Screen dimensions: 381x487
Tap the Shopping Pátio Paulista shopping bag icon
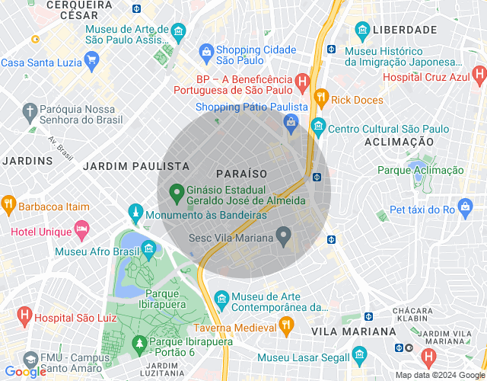[x=290, y=121]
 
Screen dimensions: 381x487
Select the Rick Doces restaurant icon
[x=321, y=98]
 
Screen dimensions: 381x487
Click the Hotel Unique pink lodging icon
[x=81, y=230]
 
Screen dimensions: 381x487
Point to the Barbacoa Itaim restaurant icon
[x=9, y=204]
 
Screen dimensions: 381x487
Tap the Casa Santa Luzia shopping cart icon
[x=91, y=59]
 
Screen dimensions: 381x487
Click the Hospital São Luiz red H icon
[x=24, y=314]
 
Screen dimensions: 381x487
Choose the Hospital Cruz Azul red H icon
[x=479, y=75]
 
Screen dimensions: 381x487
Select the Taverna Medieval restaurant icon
[x=286, y=326]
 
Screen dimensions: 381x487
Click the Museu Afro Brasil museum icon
[x=148, y=248]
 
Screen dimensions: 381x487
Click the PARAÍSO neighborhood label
[x=241, y=174]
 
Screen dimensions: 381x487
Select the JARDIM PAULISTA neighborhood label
[x=136, y=165]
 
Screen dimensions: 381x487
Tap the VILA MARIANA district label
[x=354, y=331]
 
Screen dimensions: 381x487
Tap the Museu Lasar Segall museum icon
[x=360, y=356]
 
